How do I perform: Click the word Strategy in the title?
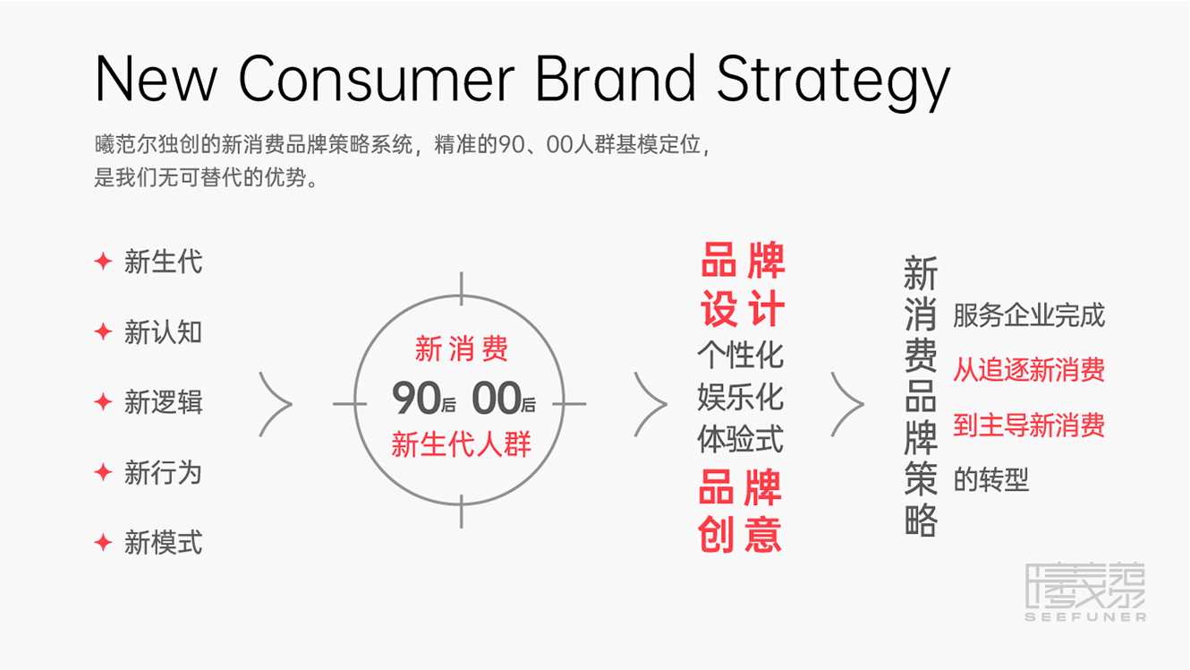coord(833,82)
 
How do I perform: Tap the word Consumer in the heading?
coord(376,79)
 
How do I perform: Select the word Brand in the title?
coord(616,78)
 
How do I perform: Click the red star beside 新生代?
coord(103,262)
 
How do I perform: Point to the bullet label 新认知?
coord(163,332)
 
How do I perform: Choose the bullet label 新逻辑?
coord(163,402)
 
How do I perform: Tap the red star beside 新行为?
coord(103,472)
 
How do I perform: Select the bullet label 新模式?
coord(163,543)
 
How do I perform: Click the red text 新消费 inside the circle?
coord(461,348)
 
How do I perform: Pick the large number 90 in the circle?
coord(416,397)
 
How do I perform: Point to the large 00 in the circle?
coord(497,397)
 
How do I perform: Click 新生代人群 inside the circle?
coord(461,444)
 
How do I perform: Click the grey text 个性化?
coord(740,356)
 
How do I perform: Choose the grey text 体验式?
coord(740,439)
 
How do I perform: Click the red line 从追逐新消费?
coord(1029,370)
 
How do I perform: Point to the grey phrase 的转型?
coord(991,479)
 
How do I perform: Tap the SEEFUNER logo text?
coord(1085,617)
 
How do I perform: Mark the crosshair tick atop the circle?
coord(461,288)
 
